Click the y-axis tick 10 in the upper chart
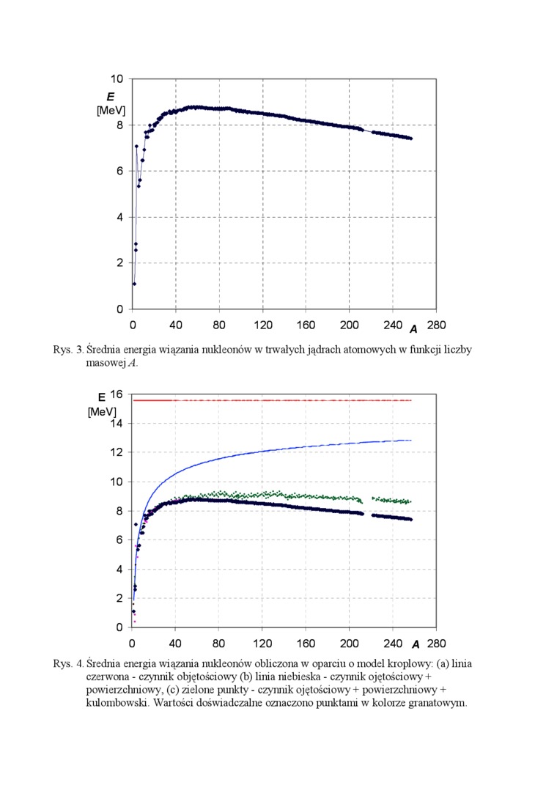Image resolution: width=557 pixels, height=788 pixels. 117,79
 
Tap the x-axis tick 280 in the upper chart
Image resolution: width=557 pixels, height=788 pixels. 436,325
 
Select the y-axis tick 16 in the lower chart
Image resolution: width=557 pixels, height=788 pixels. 117,395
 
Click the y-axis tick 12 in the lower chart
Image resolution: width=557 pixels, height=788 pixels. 117,452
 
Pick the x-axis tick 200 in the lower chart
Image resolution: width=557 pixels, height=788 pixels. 349,644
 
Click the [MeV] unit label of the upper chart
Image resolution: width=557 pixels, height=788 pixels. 111,111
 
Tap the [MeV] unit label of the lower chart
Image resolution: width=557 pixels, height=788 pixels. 102,411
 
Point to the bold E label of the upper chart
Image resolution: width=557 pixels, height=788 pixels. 110,97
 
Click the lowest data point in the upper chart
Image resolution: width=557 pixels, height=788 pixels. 134,284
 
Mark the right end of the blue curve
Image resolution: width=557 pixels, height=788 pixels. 411,440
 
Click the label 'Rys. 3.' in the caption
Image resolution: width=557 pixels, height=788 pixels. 68,350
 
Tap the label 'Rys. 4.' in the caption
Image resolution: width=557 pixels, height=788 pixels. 68,663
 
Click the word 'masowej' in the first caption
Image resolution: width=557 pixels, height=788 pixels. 106,363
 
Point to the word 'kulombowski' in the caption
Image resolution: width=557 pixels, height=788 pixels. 116,703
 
